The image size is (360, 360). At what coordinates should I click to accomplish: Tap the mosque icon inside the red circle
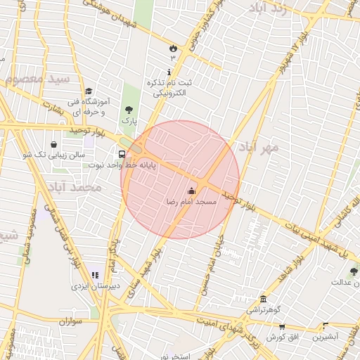(x=191, y=191)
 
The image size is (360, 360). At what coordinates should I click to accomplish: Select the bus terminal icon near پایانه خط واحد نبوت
(x=122, y=154)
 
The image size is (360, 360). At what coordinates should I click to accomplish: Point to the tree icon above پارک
(x=129, y=110)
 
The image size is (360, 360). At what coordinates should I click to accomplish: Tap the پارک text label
(x=128, y=121)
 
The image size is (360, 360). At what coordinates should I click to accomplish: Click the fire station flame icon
(x=172, y=47)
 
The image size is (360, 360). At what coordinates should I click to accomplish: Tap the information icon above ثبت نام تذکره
(x=169, y=72)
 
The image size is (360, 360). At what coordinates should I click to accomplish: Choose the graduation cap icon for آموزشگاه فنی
(x=89, y=91)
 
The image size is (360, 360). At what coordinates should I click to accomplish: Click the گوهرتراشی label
(x=264, y=310)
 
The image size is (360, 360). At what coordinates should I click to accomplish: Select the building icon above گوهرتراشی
(x=264, y=299)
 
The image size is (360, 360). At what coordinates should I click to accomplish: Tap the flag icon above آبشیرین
(x=325, y=326)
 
